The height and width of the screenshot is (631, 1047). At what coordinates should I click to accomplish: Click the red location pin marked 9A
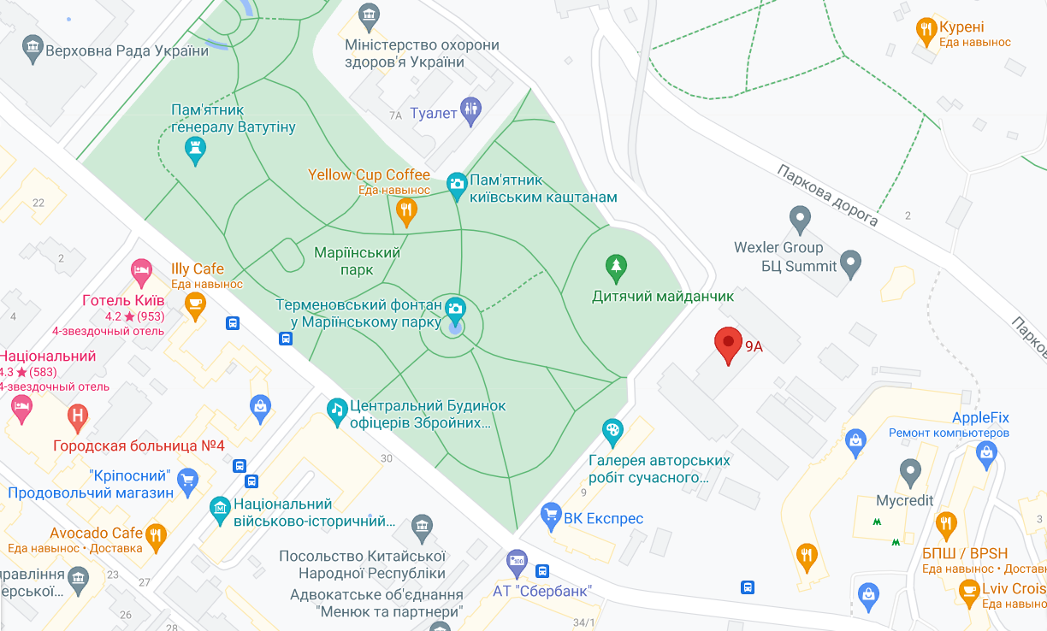[728, 344]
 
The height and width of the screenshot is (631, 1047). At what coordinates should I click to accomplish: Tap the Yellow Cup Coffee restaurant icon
[407, 209]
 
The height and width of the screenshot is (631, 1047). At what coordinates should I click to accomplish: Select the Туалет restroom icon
[470, 110]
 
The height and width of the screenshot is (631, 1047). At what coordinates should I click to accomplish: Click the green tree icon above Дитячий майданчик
[616, 267]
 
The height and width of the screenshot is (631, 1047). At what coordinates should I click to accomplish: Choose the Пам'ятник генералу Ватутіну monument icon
[197, 150]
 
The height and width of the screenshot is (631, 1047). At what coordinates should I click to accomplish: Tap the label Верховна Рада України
[127, 50]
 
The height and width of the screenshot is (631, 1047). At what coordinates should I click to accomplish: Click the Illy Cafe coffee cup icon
[196, 304]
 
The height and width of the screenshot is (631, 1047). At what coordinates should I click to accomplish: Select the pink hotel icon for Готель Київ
[141, 273]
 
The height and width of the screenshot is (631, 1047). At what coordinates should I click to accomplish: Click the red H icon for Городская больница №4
[78, 417]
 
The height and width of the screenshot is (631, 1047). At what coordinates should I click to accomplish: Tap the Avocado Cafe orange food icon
[155, 536]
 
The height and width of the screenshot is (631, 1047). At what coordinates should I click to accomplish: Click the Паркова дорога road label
[826, 195]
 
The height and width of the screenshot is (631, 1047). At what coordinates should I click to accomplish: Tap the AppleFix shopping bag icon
[854, 441]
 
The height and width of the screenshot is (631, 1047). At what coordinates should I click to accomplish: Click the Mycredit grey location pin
[910, 470]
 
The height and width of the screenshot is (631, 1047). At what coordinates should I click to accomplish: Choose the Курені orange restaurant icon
[926, 30]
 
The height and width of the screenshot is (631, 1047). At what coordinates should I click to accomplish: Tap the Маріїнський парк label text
[357, 261]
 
